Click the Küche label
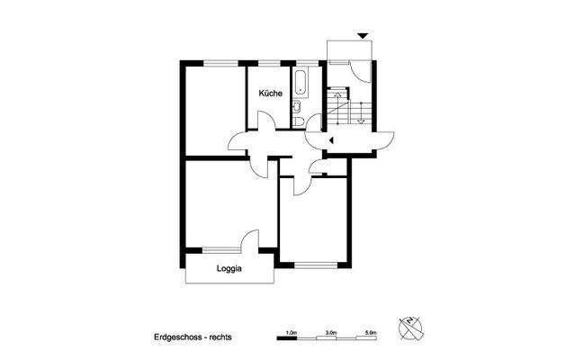tap(271, 94)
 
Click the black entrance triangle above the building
tap(363, 35)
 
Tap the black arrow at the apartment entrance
tap(331, 140)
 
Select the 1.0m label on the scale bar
tap(291, 332)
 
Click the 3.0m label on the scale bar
tap(331, 332)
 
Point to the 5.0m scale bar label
tap(371, 332)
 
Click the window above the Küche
tap(269, 63)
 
